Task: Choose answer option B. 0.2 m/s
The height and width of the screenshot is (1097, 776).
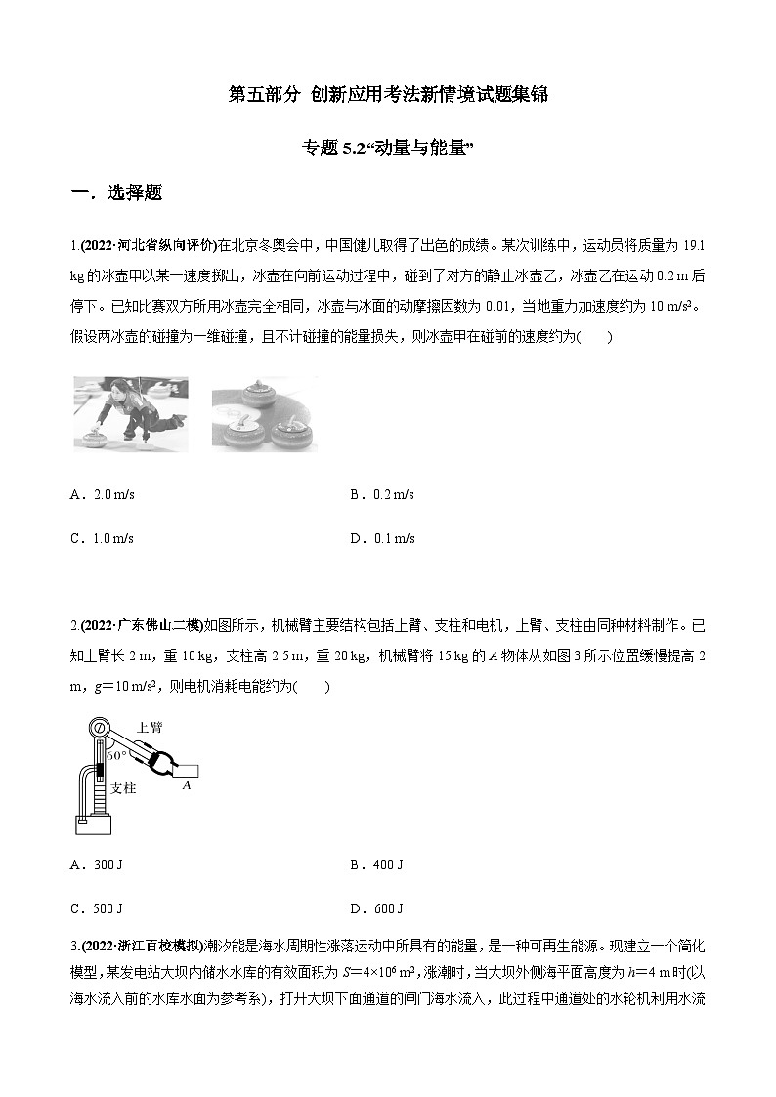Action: tap(382, 495)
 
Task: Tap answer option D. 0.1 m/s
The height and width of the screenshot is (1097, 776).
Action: tap(382, 538)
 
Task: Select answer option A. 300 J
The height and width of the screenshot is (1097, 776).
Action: tap(97, 865)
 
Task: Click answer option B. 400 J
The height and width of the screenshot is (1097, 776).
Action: tap(376, 865)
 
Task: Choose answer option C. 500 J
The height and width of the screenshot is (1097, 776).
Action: tap(97, 908)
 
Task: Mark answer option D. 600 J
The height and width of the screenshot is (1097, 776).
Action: tap(376, 908)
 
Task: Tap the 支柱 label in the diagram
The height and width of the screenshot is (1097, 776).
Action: tap(122, 787)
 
